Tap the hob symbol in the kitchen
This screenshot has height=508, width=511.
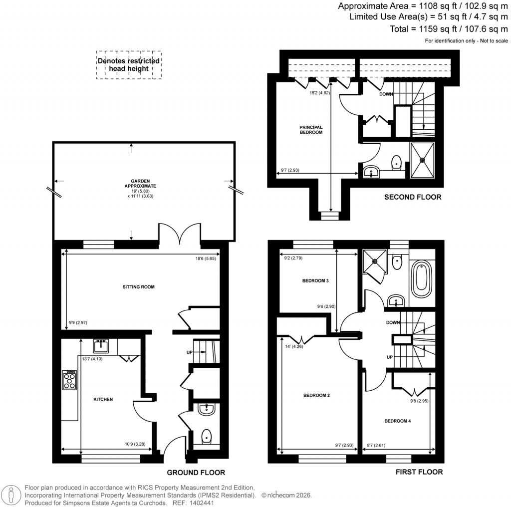click(x=69, y=380)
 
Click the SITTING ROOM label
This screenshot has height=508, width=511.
click(x=139, y=287)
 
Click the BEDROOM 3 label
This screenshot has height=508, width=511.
click(x=315, y=280)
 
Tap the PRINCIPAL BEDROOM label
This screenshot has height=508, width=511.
click(x=307, y=130)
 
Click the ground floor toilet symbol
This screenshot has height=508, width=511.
click(x=207, y=437)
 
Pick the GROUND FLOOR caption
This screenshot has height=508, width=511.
click(x=196, y=473)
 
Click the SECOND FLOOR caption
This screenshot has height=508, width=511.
click(x=413, y=197)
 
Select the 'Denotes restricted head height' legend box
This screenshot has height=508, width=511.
click(x=129, y=64)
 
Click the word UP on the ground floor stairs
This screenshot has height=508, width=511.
click(x=189, y=352)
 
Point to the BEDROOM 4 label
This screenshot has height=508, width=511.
click(x=397, y=421)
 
